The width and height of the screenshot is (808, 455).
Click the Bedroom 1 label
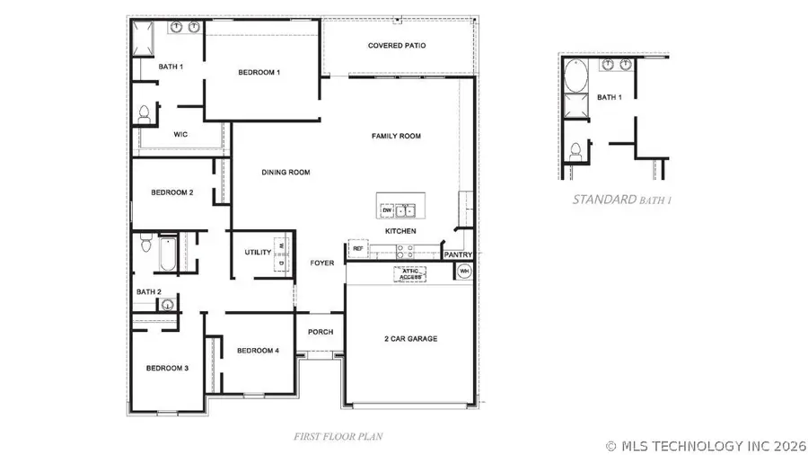coord(259,72)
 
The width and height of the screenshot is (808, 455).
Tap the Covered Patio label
coord(397,45)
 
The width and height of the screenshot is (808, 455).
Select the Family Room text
coord(396,136)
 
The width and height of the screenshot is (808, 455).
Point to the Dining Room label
coord(285,172)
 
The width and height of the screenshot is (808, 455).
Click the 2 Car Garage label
coord(410,338)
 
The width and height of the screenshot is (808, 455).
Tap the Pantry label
coord(459,254)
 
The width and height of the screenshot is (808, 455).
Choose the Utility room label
coord(258,252)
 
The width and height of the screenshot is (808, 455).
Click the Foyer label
coord(322,263)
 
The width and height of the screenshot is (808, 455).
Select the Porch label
coord(321,332)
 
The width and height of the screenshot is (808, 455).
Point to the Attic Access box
coord(409,274)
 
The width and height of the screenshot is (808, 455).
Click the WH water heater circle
coord(464,271)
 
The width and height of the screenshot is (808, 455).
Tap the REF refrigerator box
coord(357,248)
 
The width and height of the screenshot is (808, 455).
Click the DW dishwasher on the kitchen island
coord(387,211)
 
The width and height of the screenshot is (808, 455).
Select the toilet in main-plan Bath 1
coord(145,114)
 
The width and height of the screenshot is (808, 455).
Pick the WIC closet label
coord(180,134)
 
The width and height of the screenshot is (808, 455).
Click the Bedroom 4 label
coord(259,350)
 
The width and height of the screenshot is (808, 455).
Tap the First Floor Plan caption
coord(338,436)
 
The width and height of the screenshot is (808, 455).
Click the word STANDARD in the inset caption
coord(604,200)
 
